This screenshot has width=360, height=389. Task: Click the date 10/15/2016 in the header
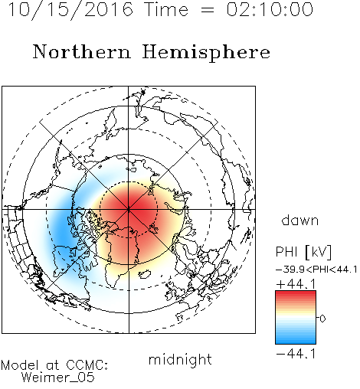tap(70, 10)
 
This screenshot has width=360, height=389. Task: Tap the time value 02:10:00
tap(270, 9)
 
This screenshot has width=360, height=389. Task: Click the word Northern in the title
tap(82, 51)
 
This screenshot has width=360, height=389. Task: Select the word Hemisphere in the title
tap(206, 53)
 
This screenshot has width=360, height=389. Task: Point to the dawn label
tap(300, 220)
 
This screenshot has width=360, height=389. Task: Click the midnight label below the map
tap(180, 360)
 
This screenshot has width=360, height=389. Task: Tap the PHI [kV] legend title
tap(303, 252)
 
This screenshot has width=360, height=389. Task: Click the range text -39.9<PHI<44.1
tap(316, 270)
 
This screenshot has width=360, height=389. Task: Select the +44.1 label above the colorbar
tap(296, 284)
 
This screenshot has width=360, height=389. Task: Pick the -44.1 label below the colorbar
tap(296, 354)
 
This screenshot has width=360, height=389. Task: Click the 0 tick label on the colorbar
tap(322, 319)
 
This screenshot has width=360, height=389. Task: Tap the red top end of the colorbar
tap(296, 293)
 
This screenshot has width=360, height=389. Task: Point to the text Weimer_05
tap(58, 378)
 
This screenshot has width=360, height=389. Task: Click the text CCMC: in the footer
tap(87, 365)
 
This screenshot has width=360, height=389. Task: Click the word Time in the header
tap(166, 10)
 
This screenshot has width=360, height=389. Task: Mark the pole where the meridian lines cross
tap(129, 209)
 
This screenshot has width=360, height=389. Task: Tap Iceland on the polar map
tap(144, 274)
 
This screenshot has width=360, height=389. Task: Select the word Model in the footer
tap(20, 365)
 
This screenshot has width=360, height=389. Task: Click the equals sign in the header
tap(208, 11)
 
